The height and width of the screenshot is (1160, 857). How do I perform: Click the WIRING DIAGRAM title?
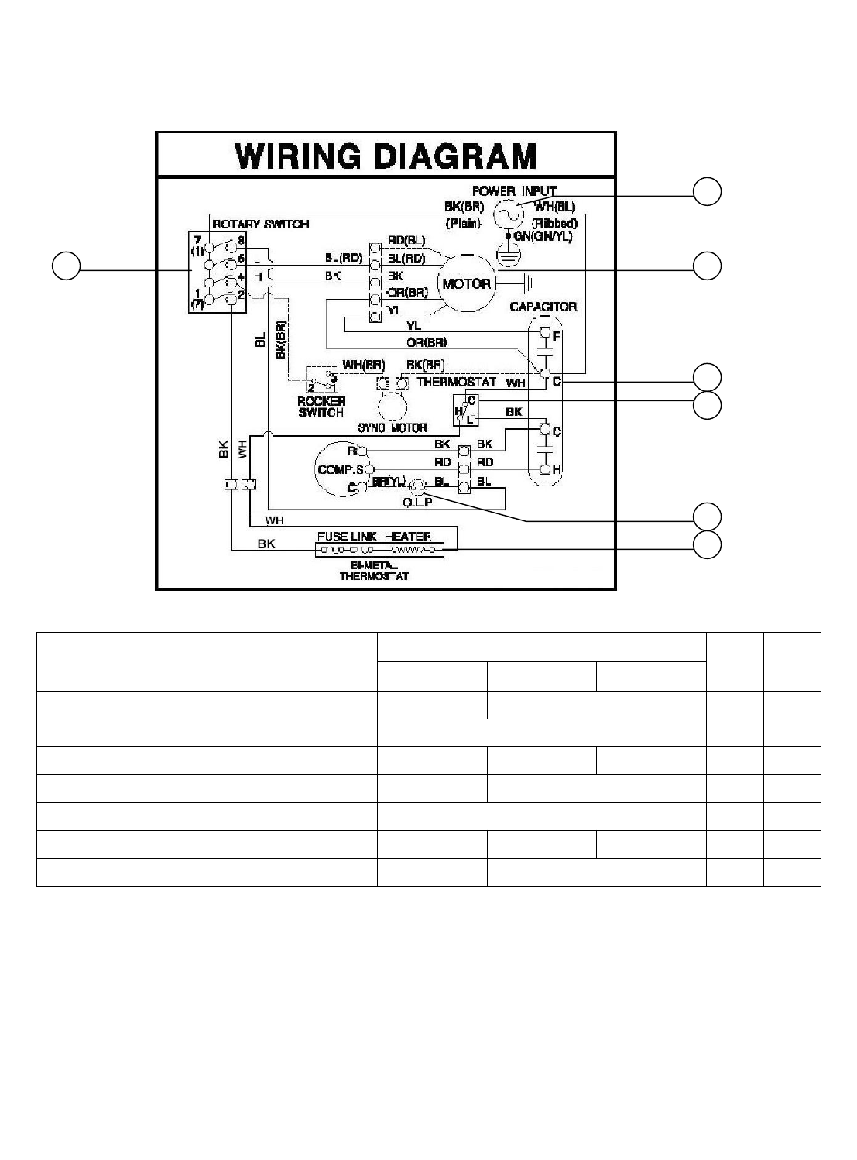pos(386,156)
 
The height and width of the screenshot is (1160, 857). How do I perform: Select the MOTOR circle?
pos(467,284)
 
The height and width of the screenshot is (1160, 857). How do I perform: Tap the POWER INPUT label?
pos(514,190)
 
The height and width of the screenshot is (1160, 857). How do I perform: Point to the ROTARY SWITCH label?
pos(261,224)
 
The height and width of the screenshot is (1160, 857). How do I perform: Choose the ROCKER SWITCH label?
pos(321,407)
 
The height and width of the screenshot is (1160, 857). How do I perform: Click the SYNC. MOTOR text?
pos(393,427)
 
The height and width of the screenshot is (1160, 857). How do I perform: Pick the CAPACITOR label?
pos(543,307)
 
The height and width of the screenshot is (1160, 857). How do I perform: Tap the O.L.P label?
pos(417,501)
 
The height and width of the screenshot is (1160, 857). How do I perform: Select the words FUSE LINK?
pos(345,536)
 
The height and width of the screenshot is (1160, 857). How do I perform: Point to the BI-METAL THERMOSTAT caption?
pos(374,571)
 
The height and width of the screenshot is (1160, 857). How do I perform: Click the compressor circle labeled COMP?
pos(341,469)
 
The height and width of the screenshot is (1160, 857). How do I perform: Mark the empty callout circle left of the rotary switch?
pos(66,266)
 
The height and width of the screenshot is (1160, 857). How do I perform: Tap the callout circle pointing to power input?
pos(707,191)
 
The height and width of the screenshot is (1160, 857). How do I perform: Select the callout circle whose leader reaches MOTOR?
pos(707,266)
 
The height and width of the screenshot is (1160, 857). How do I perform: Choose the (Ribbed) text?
pos(553,223)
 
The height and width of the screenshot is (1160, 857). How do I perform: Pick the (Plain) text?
pos(463,223)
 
